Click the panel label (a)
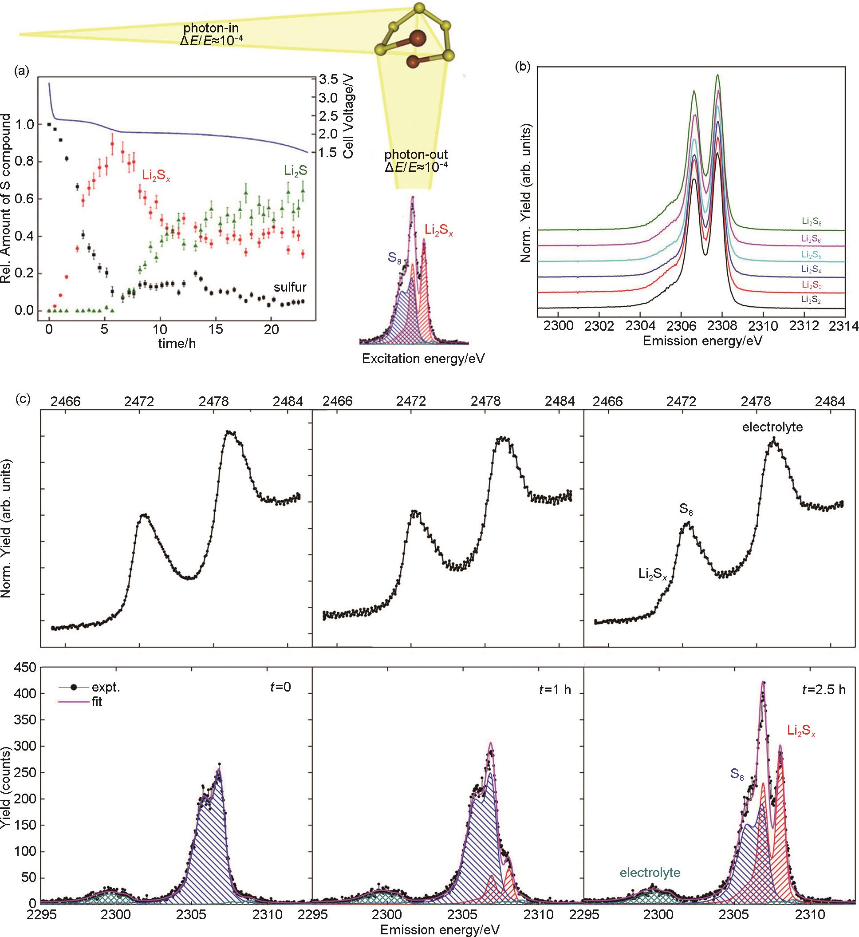point(22,71)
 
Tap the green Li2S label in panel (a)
point(296,171)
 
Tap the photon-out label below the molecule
point(416,155)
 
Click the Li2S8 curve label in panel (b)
point(811,222)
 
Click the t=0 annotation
point(280,687)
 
